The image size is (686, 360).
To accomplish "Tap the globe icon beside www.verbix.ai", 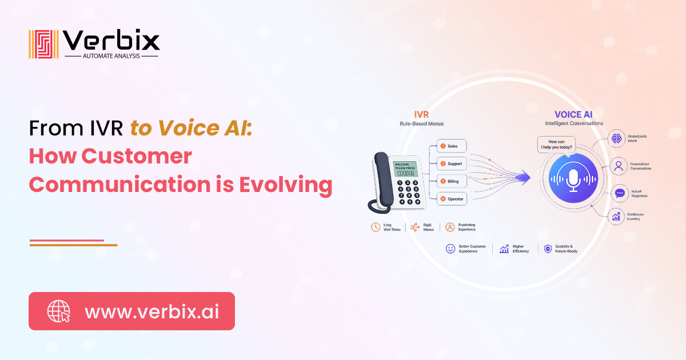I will coord(58,311).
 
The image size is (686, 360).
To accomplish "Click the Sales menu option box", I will coord(452,146).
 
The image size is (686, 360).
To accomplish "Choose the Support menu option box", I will coord(452,164).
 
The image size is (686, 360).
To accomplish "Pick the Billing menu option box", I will coord(452,182).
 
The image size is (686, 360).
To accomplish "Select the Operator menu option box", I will coord(452,199).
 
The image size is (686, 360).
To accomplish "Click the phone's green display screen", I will coord(404,169).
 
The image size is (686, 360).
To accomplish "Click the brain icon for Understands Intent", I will coord(617,139).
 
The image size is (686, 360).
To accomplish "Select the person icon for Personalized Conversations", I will coord(617,166).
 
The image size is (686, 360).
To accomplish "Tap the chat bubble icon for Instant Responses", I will coord(619,193).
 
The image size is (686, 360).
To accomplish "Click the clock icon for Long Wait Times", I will coord(376,227).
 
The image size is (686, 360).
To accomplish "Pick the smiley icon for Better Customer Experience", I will coord(450,249).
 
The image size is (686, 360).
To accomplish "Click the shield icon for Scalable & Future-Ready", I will coord(548,249).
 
